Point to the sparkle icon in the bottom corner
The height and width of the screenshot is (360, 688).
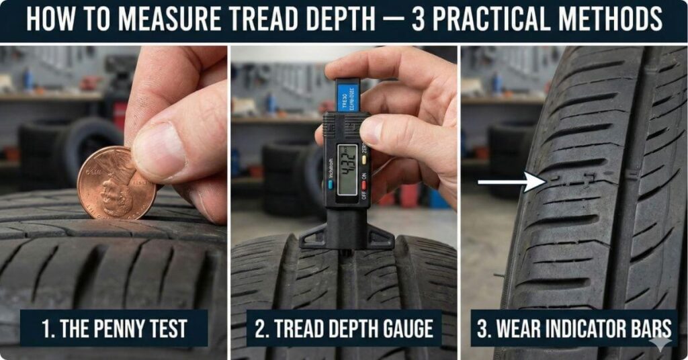[x=660, y=342]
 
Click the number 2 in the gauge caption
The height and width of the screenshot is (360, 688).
[x=260, y=329]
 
